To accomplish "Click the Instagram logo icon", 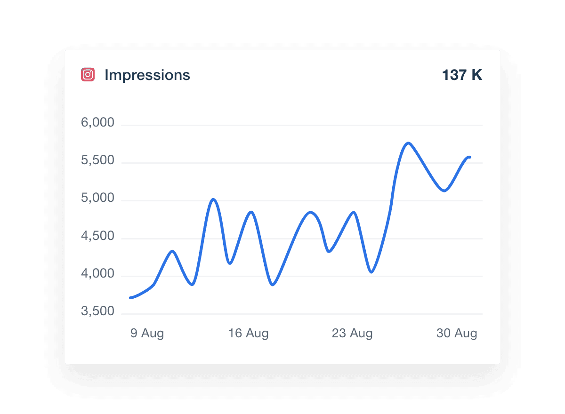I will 88,75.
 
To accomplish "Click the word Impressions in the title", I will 147,75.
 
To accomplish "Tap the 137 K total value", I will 462,75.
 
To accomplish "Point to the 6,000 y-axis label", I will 98,123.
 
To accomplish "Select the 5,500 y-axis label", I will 98,160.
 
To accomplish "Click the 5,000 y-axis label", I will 98,198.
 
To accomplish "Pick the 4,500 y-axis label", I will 98,236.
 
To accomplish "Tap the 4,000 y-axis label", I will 98,273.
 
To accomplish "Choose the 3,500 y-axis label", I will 98,311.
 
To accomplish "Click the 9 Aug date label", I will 147,334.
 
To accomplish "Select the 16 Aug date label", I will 248,334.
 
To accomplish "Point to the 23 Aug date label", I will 352,334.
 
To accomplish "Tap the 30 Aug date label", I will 457,334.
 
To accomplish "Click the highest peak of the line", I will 408,143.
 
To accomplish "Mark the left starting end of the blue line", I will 130,297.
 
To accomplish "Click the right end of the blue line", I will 469,157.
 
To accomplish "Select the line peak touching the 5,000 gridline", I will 213,199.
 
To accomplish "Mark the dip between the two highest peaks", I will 444,191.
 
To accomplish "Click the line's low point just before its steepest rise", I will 371,272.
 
